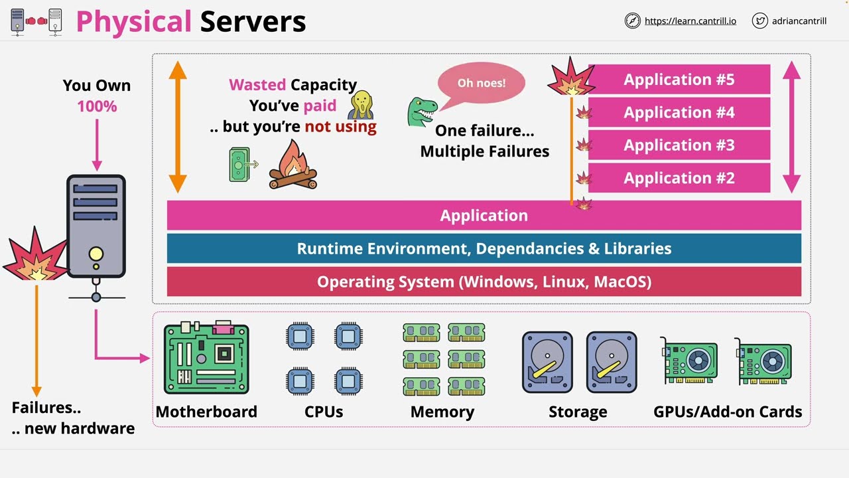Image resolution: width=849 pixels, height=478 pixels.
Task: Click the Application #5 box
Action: coord(679,80)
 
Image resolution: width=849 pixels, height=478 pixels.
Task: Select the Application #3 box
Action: coord(679,145)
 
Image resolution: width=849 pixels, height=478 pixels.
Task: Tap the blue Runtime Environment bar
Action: coord(484,248)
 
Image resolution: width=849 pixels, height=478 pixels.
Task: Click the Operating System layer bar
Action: coord(484,281)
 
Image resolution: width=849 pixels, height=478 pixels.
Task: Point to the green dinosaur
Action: coord(421,110)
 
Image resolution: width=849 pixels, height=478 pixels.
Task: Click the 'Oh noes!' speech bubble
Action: coord(481,84)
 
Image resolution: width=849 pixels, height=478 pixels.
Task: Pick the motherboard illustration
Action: coord(206,358)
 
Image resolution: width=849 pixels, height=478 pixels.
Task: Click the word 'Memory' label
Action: coord(442,412)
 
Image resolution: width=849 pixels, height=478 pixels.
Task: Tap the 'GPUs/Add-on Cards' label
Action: coord(728,412)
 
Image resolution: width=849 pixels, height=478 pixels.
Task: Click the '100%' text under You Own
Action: coord(97,106)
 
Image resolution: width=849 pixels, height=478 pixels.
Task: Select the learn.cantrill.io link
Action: coord(690,21)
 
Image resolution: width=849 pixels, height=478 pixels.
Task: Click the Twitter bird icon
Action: coord(759,21)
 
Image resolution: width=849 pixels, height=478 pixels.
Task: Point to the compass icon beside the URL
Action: coord(632,21)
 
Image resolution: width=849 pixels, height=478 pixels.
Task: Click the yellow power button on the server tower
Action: coord(96,254)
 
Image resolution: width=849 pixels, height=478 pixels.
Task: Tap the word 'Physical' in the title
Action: coord(133,22)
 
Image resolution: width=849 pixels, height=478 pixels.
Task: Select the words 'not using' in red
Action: coord(340,126)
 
